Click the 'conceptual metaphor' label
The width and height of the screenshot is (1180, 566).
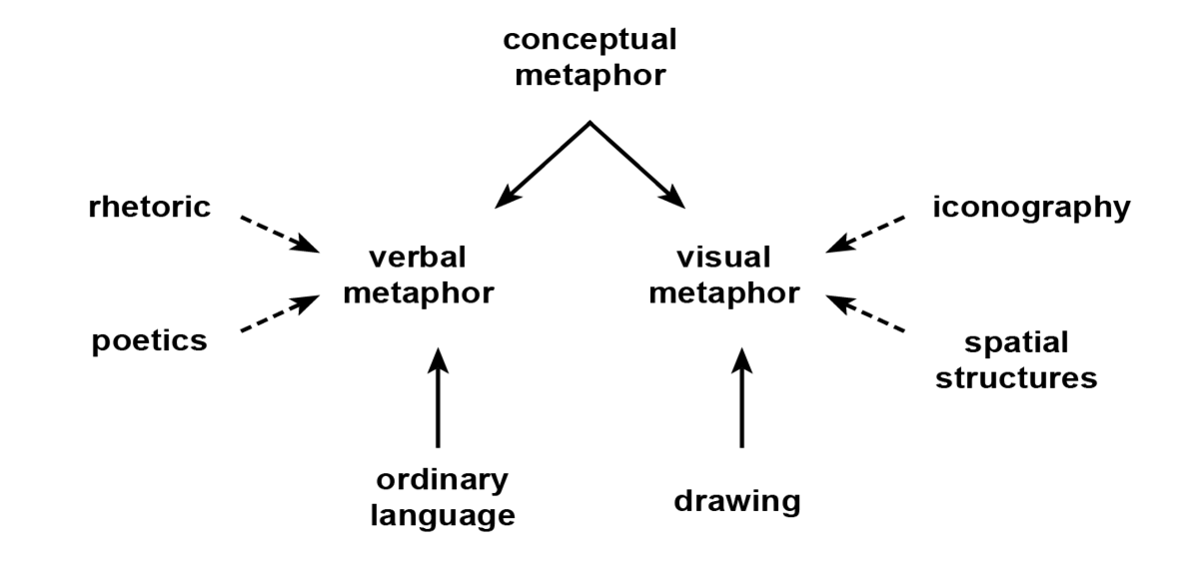(x=590, y=57)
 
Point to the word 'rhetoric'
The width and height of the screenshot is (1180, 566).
(x=148, y=208)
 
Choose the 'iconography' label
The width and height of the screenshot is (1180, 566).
(x=1031, y=208)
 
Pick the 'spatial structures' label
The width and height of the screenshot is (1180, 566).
(x=1030, y=360)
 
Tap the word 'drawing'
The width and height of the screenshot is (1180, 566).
(x=737, y=500)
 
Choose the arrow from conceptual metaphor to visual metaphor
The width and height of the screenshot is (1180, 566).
(x=637, y=165)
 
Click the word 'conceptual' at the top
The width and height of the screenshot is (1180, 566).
(x=590, y=40)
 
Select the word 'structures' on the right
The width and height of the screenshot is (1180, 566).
(x=1030, y=378)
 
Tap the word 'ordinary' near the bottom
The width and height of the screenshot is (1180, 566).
(x=441, y=479)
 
